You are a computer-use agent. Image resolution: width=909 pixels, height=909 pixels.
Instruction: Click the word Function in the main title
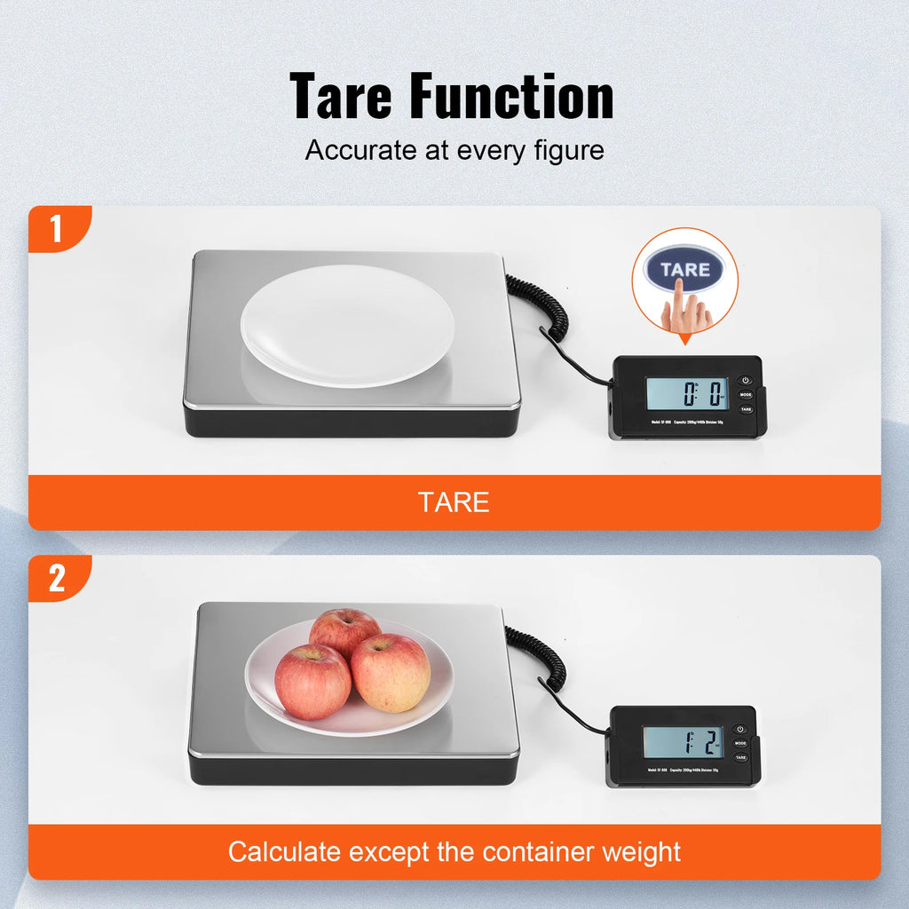click(x=512, y=98)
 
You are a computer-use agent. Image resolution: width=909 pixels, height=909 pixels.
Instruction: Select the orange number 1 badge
click(x=57, y=230)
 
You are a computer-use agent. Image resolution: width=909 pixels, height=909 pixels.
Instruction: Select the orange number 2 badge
click(x=57, y=579)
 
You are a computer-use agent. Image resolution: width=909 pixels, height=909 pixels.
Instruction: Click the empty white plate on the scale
click(x=348, y=325)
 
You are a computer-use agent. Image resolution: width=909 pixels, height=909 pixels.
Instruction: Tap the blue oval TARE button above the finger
click(x=684, y=268)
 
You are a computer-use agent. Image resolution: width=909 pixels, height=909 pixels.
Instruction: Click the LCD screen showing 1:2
click(x=683, y=742)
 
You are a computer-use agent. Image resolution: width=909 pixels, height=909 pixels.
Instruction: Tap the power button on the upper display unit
click(x=746, y=380)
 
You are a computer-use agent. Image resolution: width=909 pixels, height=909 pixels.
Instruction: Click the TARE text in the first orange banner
click(x=454, y=502)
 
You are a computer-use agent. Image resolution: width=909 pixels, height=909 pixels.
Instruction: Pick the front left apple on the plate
click(x=312, y=682)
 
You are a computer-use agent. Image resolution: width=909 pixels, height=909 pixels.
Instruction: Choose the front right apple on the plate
click(x=391, y=672)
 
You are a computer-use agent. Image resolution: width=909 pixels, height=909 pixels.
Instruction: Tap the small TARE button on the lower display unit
click(x=740, y=757)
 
